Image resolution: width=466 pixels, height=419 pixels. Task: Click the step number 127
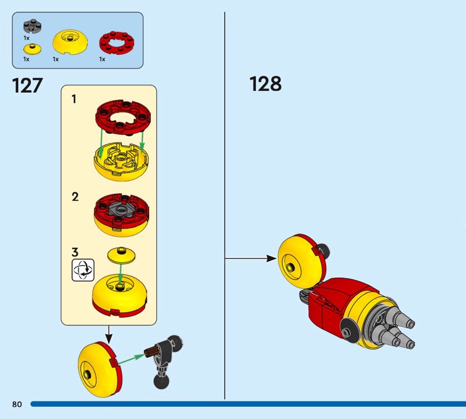coord(27,85)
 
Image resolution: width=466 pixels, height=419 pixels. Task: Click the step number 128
coord(266,84)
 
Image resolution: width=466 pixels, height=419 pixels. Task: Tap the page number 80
coord(16,404)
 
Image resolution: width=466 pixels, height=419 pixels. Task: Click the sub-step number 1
coord(74,100)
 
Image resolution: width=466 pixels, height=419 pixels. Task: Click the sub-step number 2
coord(75,197)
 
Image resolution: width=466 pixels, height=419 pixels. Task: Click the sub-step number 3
coord(75,253)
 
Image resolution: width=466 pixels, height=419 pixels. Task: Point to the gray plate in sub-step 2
coord(121,210)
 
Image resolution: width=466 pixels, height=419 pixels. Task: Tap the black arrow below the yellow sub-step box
coord(109,334)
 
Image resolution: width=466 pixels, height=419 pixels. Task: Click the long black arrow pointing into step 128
coord(250,257)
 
